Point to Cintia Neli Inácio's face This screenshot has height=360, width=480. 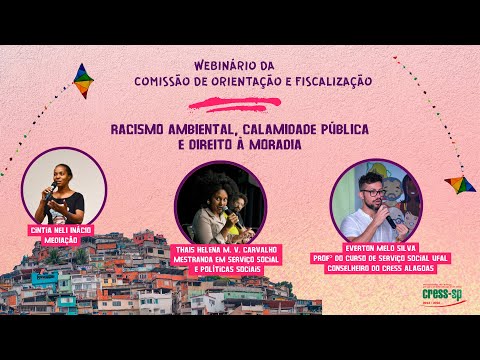coord(62,174)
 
